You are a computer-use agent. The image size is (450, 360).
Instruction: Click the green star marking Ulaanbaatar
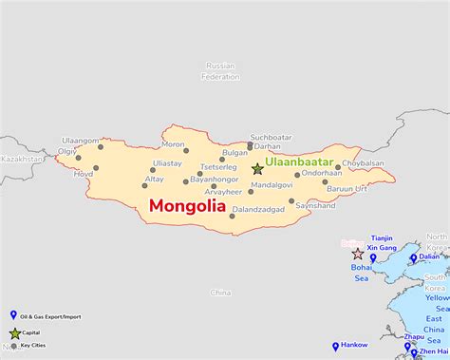[x=257, y=168]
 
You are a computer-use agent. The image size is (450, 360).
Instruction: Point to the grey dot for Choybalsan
[x=338, y=167]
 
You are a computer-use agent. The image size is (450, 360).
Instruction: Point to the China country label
[x=220, y=293]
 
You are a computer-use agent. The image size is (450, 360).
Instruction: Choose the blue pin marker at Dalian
[x=413, y=256]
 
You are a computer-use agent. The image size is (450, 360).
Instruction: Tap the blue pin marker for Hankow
[x=335, y=347]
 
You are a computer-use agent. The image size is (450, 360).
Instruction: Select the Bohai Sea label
[x=362, y=273]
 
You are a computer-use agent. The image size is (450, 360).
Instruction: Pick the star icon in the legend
[x=14, y=333]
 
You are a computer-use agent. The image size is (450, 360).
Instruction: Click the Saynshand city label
[x=315, y=205]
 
